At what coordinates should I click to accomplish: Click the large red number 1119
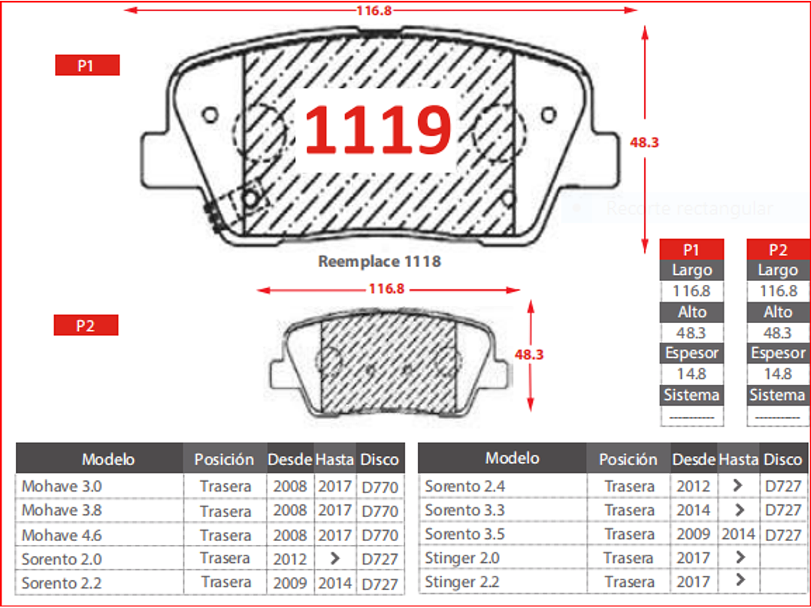click(x=378, y=129)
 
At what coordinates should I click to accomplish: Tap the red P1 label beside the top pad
click(x=87, y=65)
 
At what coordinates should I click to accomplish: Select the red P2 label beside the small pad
click(x=86, y=325)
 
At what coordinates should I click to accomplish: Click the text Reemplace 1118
click(x=380, y=261)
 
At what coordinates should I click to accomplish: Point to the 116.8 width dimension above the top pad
click(x=374, y=10)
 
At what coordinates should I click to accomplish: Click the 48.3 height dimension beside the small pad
click(x=529, y=354)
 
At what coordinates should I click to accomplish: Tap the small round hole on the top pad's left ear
click(x=210, y=115)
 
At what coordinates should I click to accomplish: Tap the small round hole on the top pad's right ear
click(x=548, y=115)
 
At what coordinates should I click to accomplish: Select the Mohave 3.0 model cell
click(x=62, y=486)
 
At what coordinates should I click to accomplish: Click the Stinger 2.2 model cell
click(x=462, y=582)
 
